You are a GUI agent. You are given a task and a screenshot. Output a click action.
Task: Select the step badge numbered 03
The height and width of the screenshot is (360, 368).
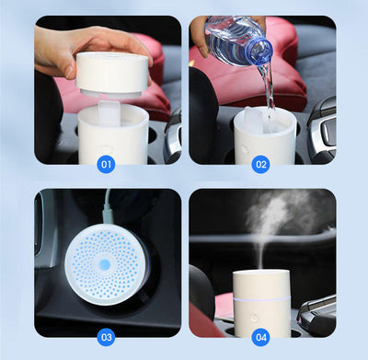107,337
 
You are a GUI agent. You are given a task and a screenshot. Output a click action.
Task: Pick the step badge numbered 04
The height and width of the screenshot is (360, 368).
261,337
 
